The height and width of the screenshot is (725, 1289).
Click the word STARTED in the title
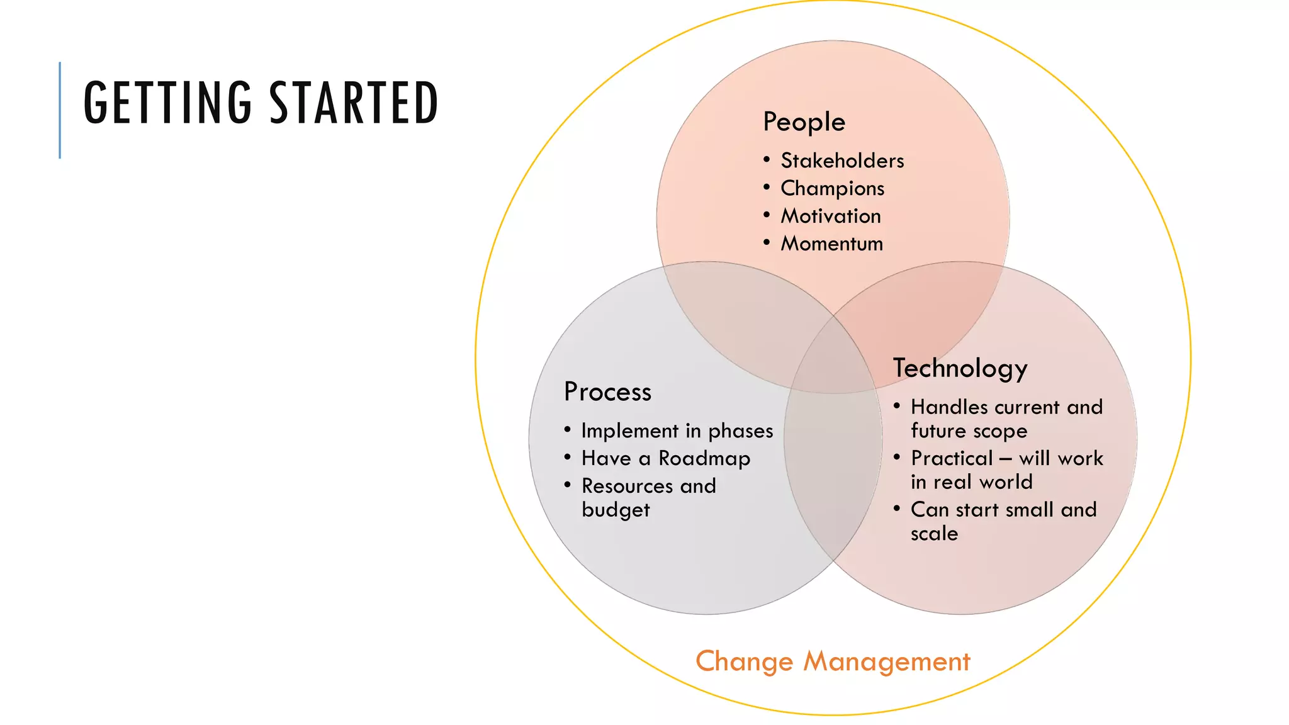click(x=354, y=103)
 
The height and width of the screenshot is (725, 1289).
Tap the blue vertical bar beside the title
click(x=60, y=110)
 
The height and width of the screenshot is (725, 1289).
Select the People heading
click(x=804, y=122)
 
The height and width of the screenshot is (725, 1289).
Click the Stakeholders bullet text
click(x=842, y=161)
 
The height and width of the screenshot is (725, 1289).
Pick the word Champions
click(x=832, y=189)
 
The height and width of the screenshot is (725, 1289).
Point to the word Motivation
click(x=831, y=216)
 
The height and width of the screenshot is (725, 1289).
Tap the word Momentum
click(x=831, y=244)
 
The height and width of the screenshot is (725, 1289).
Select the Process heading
click(x=607, y=392)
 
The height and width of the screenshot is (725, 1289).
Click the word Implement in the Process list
click(x=629, y=431)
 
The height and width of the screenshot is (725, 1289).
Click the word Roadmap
click(x=704, y=459)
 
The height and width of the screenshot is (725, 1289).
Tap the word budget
click(x=616, y=510)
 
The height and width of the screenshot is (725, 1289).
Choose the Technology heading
click(x=960, y=369)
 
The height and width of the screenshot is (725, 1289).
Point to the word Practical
click(x=952, y=458)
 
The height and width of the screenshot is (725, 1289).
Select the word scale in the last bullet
click(x=934, y=534)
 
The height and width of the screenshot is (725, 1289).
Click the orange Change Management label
click(x=833, y=661)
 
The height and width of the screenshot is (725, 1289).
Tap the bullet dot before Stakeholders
click(x=767, y=160)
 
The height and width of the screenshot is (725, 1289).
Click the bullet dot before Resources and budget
click(x=568, y=485)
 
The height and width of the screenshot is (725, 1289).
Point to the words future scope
click(x=969, y=431)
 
